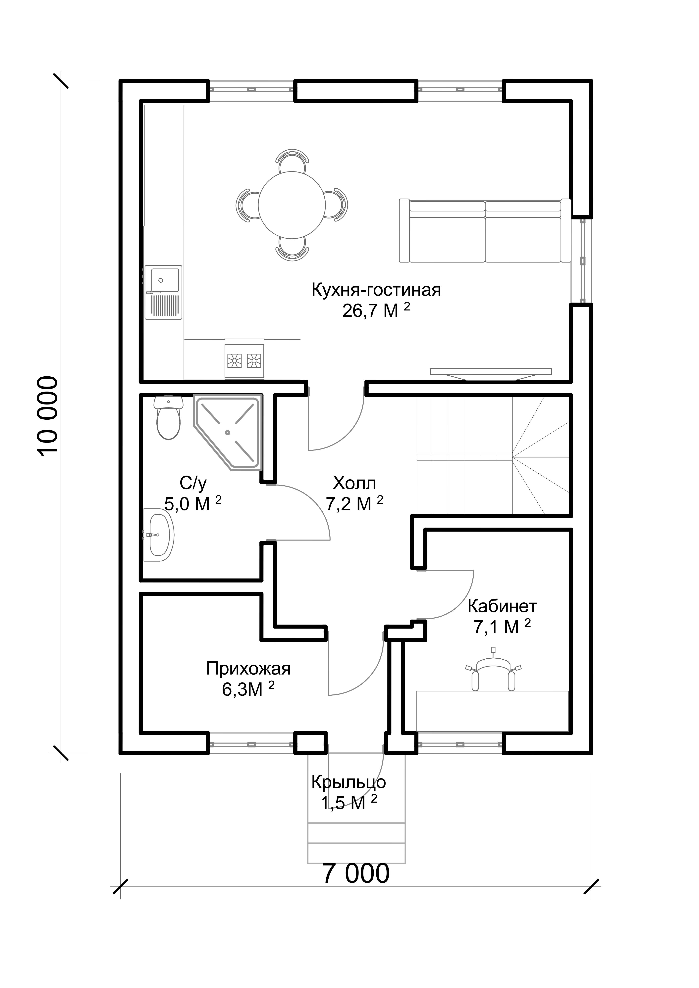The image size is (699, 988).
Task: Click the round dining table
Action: (292, 205)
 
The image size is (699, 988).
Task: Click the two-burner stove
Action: (244, 359)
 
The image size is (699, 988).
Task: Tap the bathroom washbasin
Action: (159, 535)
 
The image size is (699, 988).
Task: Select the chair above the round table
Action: (292, 161)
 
